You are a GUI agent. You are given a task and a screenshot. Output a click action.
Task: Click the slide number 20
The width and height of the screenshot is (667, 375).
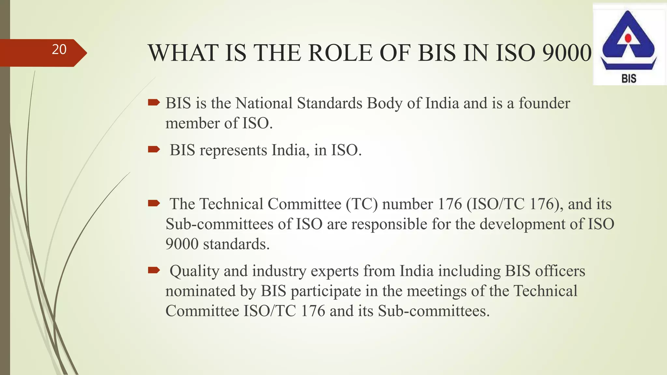(59, 49)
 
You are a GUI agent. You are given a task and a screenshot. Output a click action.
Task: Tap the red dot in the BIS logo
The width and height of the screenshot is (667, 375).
(628, 38)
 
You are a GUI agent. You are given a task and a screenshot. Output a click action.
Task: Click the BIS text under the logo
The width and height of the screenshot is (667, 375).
(629, 78)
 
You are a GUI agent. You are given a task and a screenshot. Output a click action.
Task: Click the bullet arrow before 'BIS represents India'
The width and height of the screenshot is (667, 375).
(154, 150)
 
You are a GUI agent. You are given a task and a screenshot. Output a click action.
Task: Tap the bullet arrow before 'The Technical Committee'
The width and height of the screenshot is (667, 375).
(154, 204)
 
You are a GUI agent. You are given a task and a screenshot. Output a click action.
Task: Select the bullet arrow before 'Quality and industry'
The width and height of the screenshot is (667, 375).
(154, 270)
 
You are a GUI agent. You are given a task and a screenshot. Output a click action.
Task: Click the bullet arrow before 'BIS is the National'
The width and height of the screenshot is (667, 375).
(154, 103)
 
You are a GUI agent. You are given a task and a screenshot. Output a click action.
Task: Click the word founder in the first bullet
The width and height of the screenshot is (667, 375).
(544, 103)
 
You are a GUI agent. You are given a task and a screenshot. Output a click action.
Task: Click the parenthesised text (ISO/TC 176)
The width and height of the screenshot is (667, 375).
(515, 204)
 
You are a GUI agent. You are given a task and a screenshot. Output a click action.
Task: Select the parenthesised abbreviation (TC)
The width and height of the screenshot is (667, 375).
(362, 204)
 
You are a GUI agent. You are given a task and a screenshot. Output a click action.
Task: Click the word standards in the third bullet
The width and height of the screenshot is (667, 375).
(236, 244)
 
